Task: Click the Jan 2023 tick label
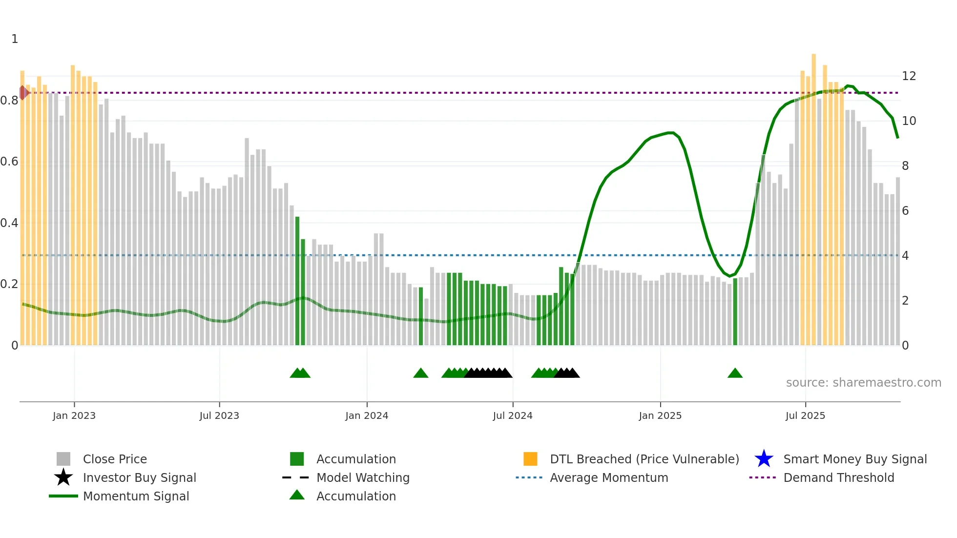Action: [74, 415]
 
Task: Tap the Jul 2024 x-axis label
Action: [513, 415]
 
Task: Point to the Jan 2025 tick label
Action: [660, 415]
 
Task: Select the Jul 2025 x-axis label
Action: [805, 415]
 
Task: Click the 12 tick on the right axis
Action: [909, 76]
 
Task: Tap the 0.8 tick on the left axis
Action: [10, 101]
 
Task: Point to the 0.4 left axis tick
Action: [10, 223]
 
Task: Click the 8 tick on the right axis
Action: [905, 166]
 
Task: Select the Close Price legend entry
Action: [115, 459]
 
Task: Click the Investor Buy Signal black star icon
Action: [63, 477]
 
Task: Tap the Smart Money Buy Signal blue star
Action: [764, 459]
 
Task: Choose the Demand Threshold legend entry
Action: [838, 477]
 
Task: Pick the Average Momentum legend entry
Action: [608, 477]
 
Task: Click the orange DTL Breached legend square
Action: [530, 459]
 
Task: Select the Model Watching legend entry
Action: [363, 477]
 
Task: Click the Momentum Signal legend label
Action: [136, 496]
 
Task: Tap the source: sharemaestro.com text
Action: [863, 383]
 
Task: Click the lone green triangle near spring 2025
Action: [735, 373]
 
